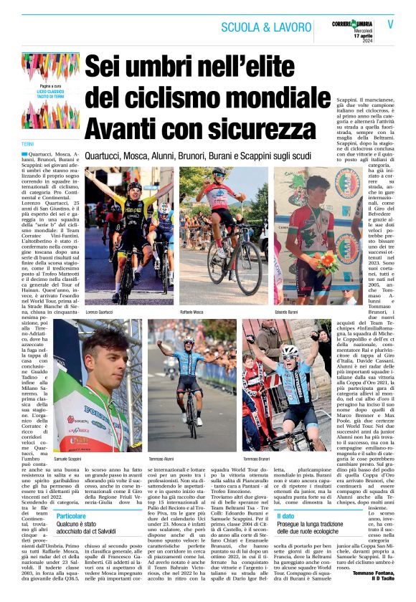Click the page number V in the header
tap(390, 24)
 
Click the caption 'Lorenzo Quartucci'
tap(101, 313)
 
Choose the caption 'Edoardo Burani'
tap(288, 313)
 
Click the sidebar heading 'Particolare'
tap(71, 515)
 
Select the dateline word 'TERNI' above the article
tap(28, 144)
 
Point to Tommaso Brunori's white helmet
tap(290, 350)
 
